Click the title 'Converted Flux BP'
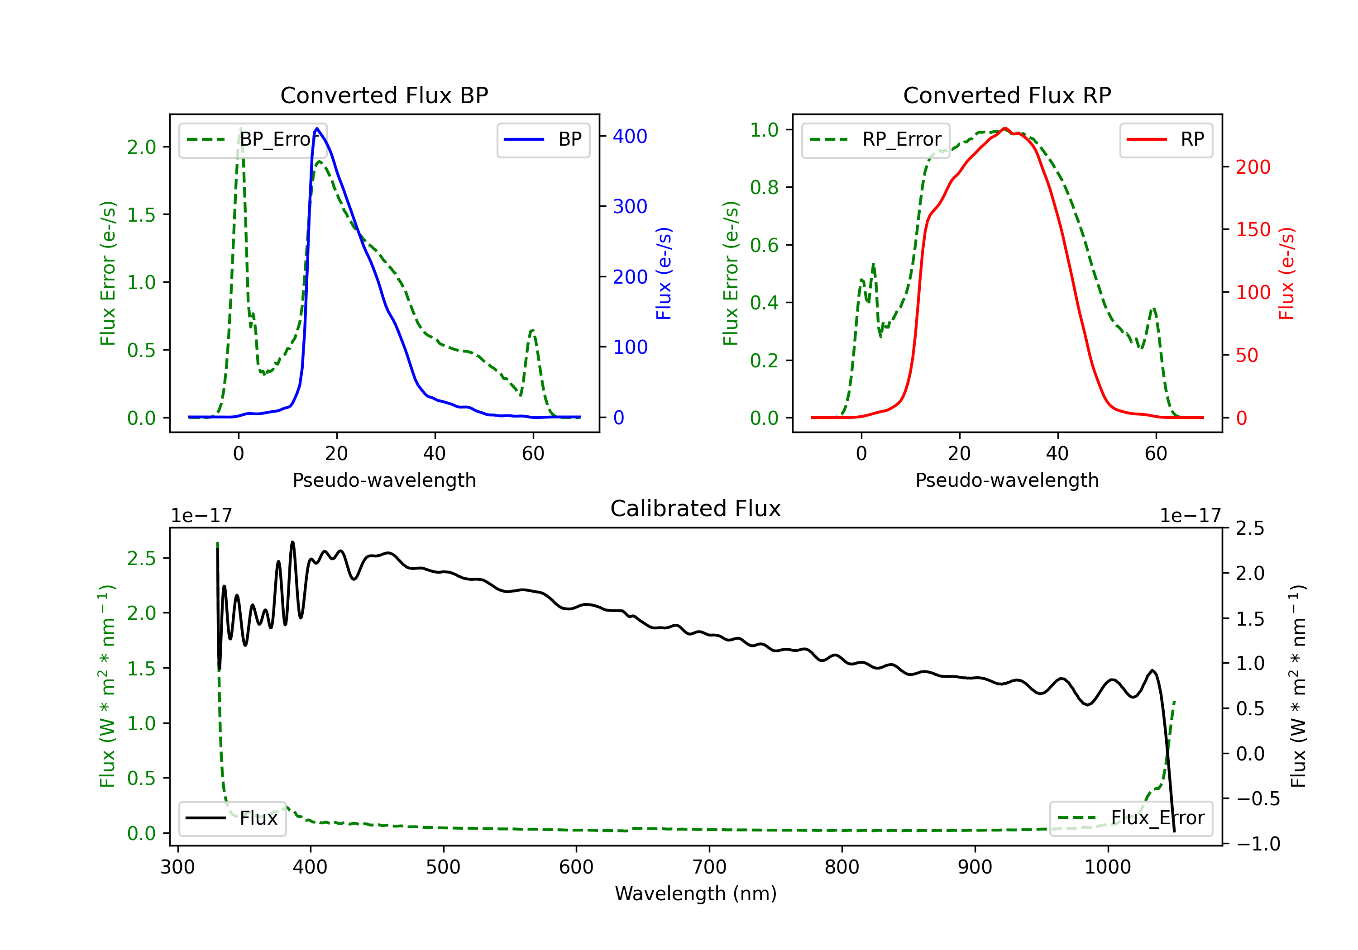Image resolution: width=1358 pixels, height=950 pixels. (384, 95)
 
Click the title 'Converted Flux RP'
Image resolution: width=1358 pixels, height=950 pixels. (1007, 95)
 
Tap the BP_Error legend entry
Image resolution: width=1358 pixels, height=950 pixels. (253, 139)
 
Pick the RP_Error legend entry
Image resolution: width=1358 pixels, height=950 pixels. (875, 139)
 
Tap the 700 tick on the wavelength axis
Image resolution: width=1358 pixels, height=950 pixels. (708, 867)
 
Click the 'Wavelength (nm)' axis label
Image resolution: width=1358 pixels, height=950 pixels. (696, 893)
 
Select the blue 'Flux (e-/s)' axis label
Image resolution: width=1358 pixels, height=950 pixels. (664, 274)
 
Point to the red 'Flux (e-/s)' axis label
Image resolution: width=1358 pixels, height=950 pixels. (1286, 274)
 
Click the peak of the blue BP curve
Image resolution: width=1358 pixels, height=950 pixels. (317, 128)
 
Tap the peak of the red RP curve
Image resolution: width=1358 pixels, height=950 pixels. (1004, 128)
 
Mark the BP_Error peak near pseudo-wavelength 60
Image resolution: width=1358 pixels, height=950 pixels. (532, 330)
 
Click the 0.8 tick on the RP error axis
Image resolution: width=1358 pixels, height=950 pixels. (764, 187)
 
